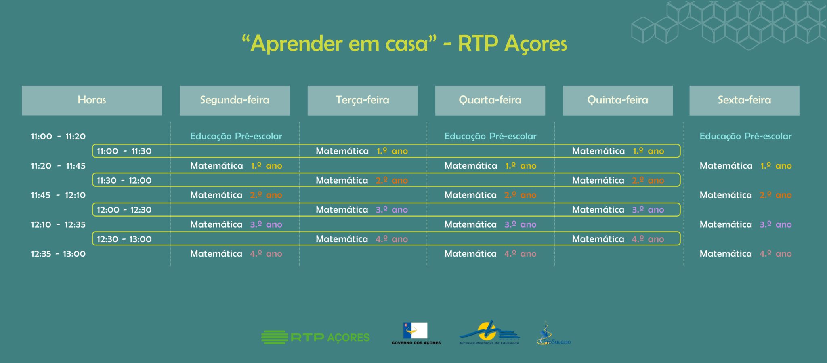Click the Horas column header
click(92, 100)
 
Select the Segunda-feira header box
click(235, 100)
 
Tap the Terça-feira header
click(362, 100)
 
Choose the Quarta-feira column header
click(490, 100)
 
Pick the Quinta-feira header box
click(618, 100)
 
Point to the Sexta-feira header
click(744, 100)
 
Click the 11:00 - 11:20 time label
click(58, 137)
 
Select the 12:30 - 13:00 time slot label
click(124, 239)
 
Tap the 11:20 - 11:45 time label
click(58, 166)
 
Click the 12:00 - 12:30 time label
click(124, 210)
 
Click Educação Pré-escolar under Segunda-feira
click(236, 136)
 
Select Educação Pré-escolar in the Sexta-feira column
click(745, 136)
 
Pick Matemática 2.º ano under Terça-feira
click(362, 180)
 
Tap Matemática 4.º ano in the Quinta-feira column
click(618, 239)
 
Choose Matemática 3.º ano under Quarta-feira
click(491, 224)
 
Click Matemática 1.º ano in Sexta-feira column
click(745, 166)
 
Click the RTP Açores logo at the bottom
click(315, 337)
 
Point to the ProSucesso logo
click(554, 334)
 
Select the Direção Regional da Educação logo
click(489, 333)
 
